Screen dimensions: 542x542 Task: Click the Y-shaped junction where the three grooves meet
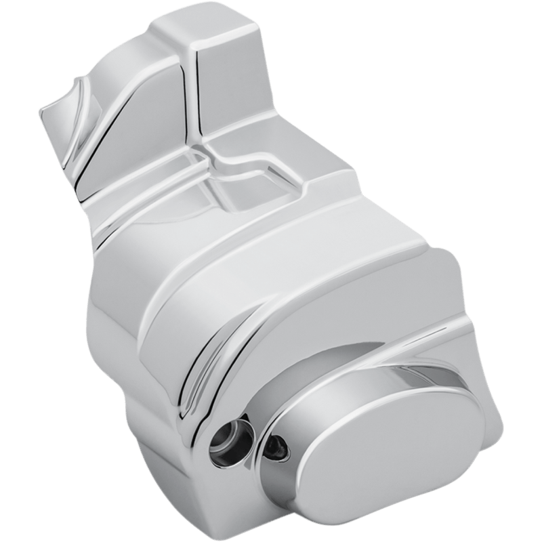(207, 152)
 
